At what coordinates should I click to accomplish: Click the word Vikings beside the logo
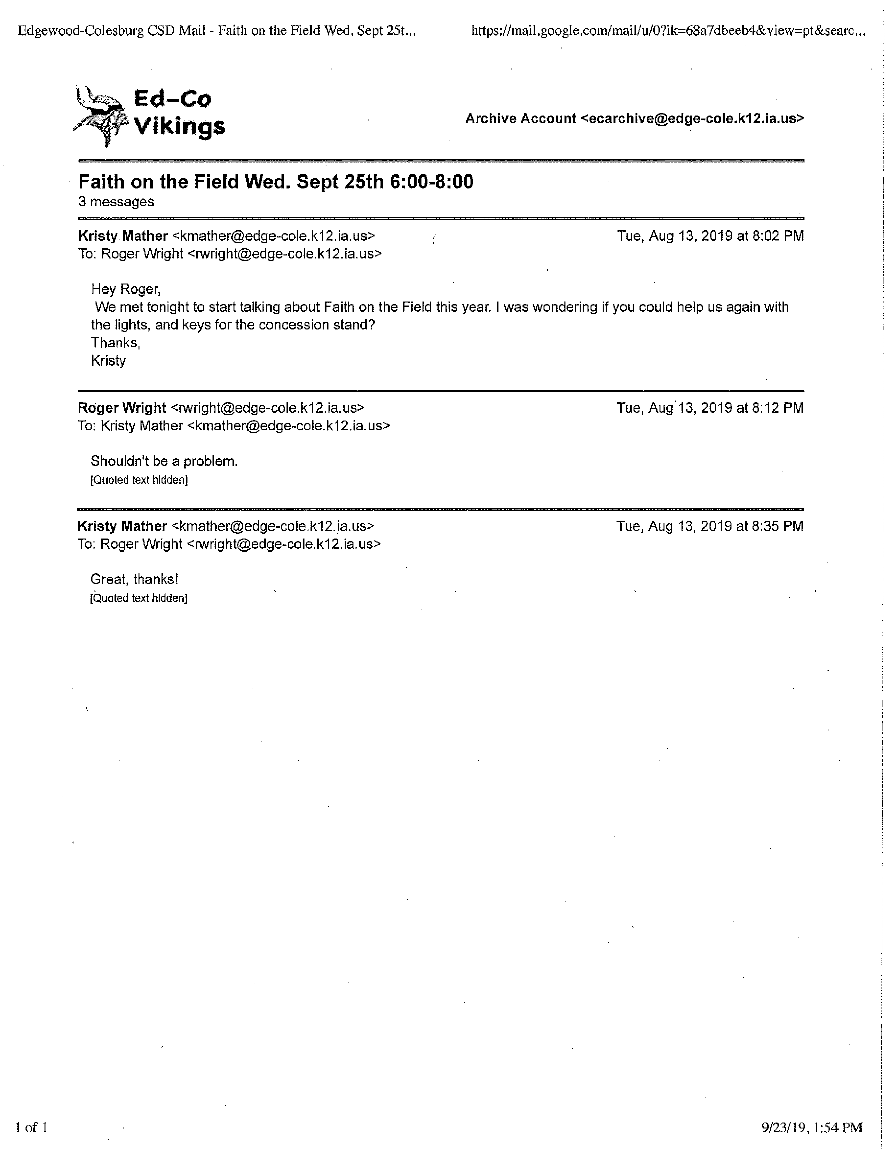click(179, 127)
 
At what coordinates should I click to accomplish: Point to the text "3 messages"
click(116, 202)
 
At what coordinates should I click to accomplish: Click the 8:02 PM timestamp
click(710, 236)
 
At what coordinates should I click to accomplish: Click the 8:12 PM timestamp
click(710, 408)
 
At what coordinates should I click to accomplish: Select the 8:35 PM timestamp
click(710, 526)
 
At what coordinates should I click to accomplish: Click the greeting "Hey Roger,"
click(126, 289)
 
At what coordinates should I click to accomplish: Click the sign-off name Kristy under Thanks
click(108, 361)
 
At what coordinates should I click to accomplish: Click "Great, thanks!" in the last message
click(134, 579)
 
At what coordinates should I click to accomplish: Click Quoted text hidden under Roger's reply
click(139, 480)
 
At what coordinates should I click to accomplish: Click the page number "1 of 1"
click(32, 1127)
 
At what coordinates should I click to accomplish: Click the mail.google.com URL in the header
click(668, 31)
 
